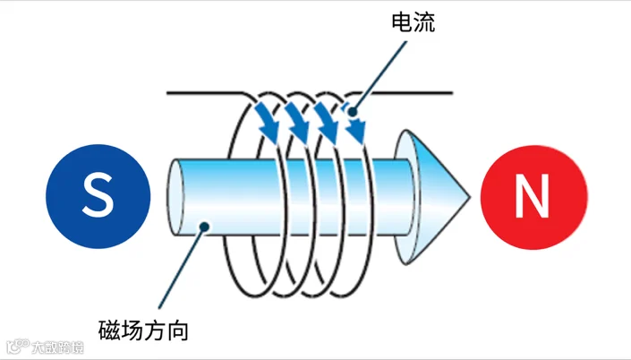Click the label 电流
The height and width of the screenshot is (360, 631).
click(x=414, y=23)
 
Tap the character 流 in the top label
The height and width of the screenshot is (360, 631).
click(x=425, y=23)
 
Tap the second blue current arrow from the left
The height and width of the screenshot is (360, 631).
click(x=295, y=124)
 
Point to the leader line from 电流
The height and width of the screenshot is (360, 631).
click(x=377, y=77)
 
